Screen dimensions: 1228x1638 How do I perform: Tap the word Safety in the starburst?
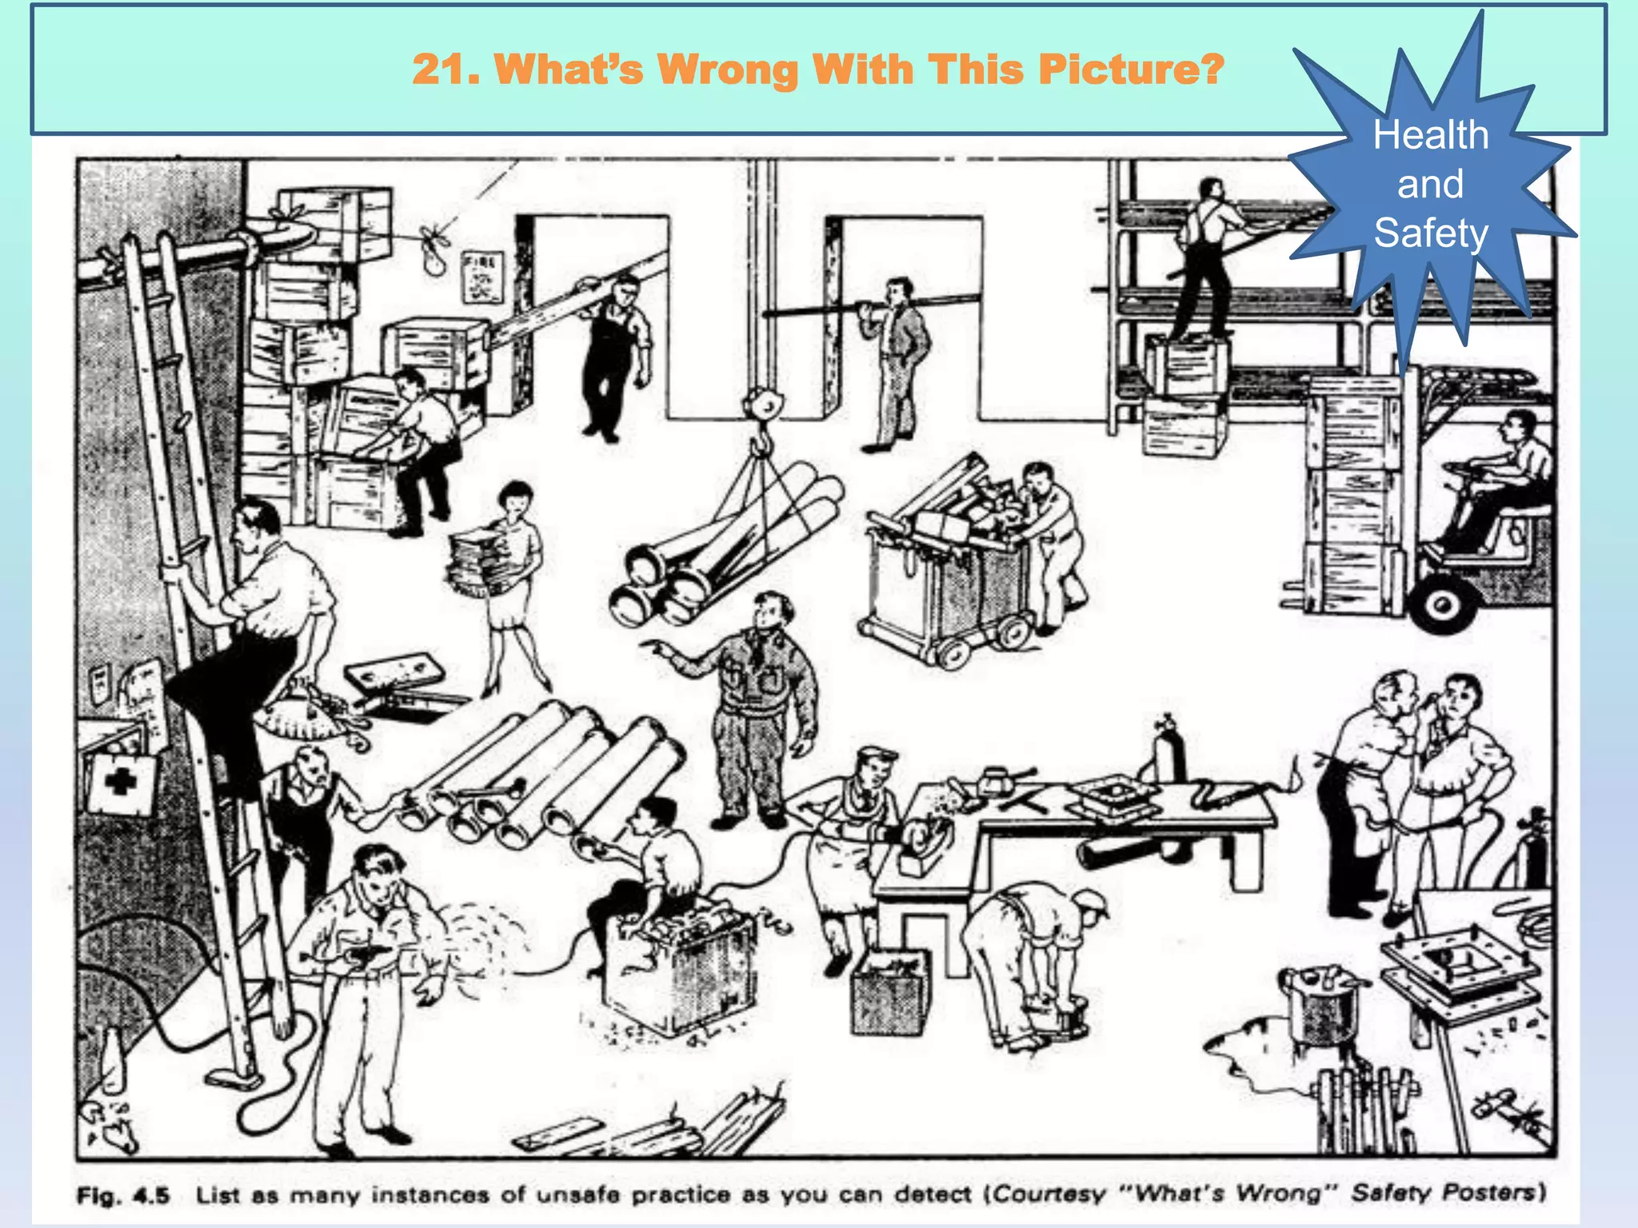pos(1431,233)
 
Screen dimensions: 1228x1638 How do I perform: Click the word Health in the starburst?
pos(1431,134)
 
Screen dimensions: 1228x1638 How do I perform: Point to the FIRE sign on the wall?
pos(482,277)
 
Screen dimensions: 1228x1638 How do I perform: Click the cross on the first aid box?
pos(120,781)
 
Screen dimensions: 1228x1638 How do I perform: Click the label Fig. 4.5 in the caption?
pos(123,1196)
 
